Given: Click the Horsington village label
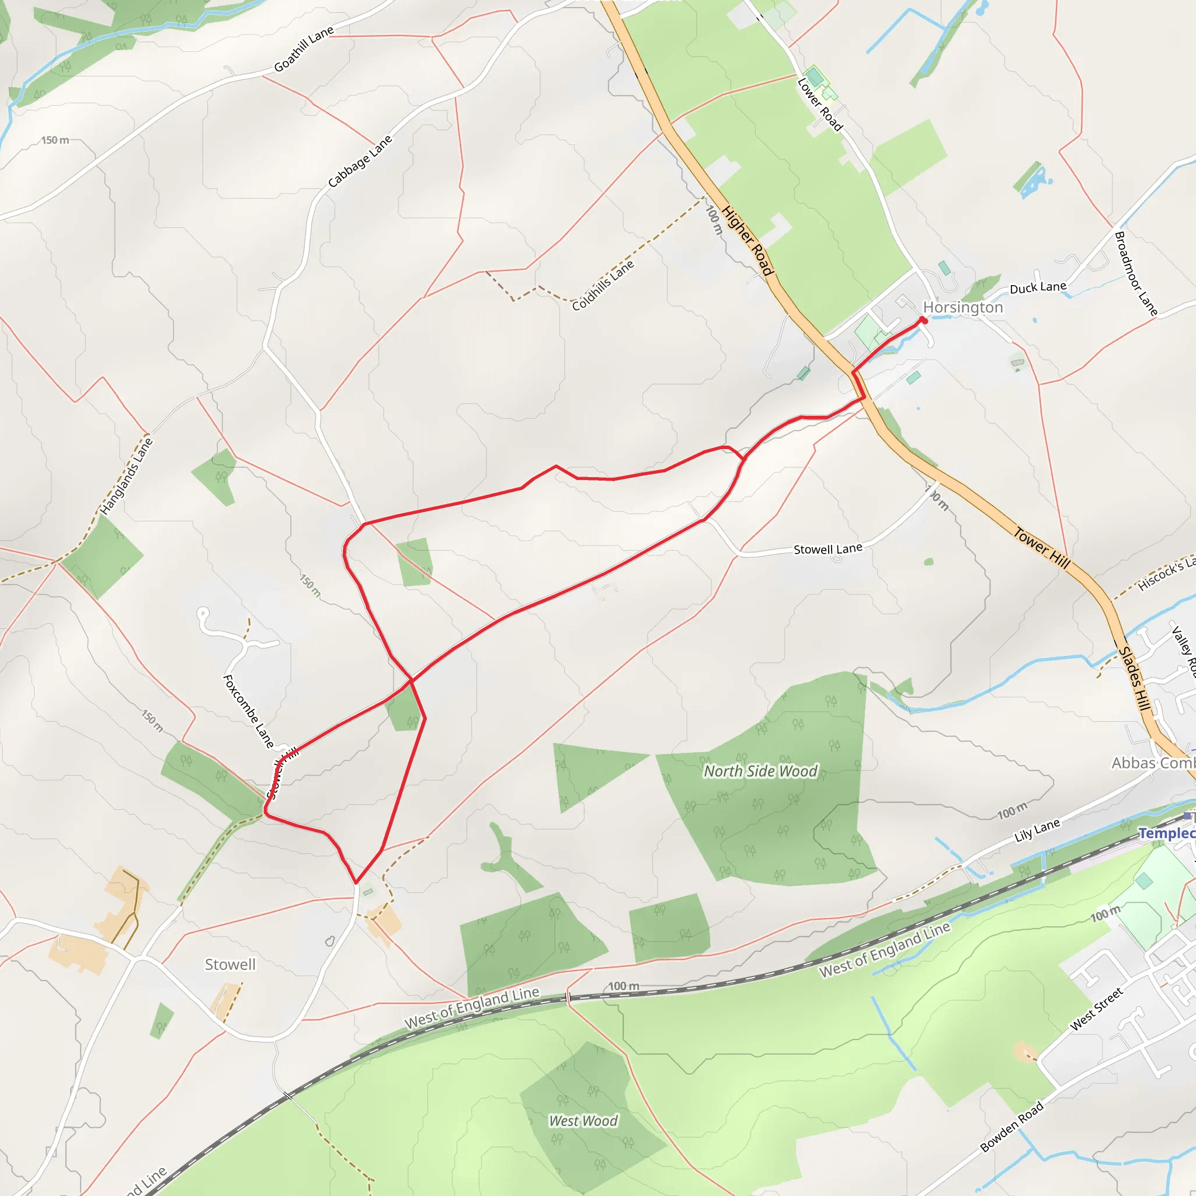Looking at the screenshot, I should [962, 308].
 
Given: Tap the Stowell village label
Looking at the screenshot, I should [230, 965].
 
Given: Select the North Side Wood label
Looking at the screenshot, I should [760, 771].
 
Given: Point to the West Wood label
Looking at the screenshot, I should [583, 1121].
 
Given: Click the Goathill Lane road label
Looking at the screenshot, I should [303, 49].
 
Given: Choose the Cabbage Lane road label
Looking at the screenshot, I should [360, 161].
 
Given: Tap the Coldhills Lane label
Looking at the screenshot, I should [602, 286].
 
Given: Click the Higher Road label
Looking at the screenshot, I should [747, 240].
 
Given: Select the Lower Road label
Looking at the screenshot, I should [819, 105].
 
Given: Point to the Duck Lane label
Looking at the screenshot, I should [1038, 288].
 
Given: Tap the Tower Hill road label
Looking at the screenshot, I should [1041, 547].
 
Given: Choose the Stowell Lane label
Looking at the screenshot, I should [828, 549].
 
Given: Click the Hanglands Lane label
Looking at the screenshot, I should [126, 476].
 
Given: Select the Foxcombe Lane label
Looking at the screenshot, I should [248, 712].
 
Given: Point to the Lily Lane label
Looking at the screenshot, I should [1037, 830].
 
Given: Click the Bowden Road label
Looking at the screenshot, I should [1011, 1127].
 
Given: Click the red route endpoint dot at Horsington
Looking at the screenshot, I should [924, 320].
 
